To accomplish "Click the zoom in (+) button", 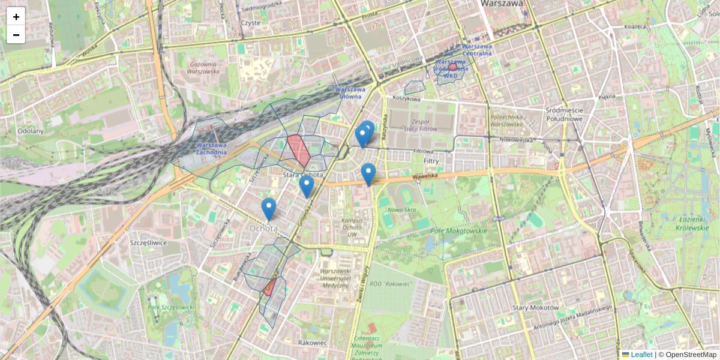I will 16,17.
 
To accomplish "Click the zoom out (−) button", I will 16,35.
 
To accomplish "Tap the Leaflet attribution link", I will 637,355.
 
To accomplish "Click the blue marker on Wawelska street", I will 368,173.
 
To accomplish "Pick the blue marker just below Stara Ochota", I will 307,186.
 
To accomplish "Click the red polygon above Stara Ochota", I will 298,151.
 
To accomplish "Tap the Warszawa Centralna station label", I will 476,49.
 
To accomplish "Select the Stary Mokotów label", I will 535,308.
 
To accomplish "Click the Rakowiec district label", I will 312,343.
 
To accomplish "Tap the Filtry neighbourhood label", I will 431,161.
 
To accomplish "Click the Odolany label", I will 30,131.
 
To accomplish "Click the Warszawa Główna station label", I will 350,92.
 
